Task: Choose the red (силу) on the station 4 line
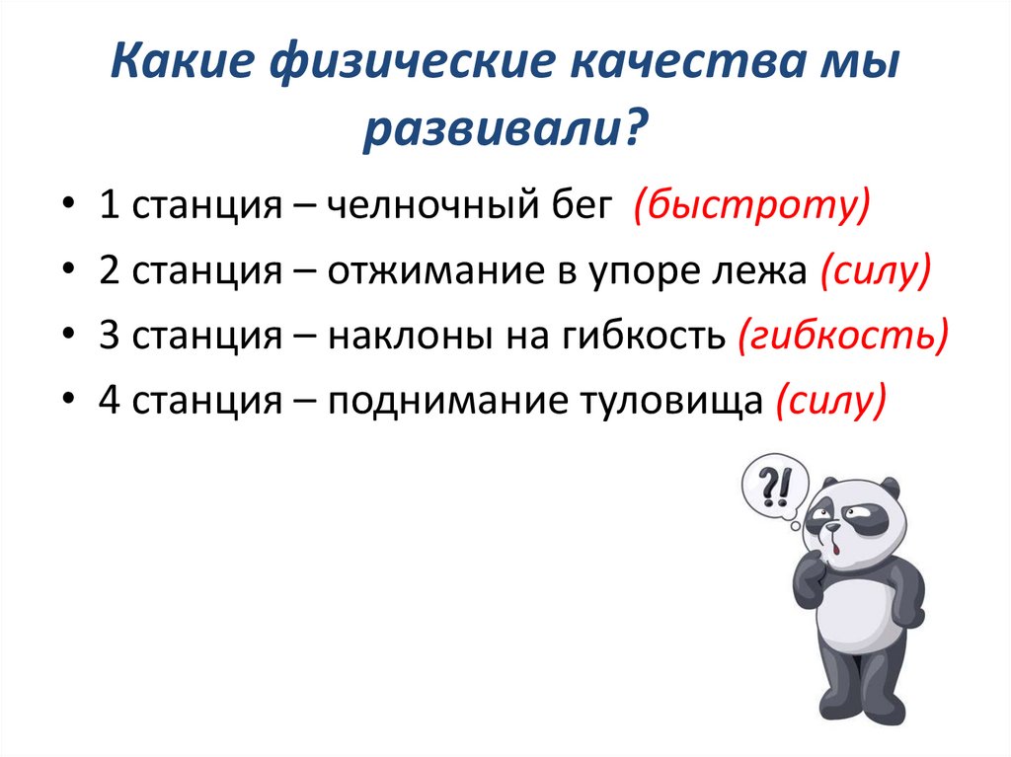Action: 831,401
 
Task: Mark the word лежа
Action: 761,273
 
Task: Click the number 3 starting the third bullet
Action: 108,338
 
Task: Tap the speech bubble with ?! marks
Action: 774,486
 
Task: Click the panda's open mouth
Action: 835,543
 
